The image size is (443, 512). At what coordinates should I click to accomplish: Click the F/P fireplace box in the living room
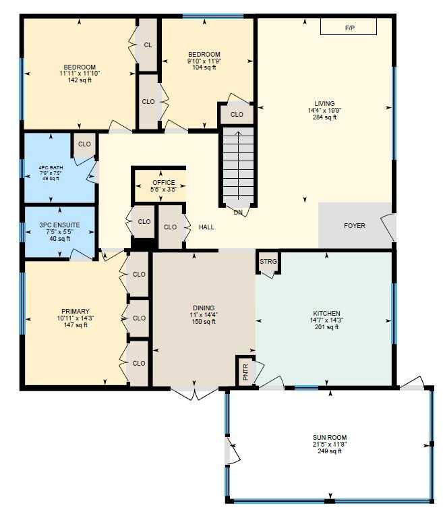click(x=349, y=28)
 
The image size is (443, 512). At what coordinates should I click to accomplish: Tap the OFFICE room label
click(x=163, y=183)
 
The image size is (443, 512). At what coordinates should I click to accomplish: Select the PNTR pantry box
click(x=245, y=370)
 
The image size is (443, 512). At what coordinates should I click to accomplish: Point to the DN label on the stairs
click(x=237, y=212)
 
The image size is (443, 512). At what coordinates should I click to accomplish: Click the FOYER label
click(x=354, y=225)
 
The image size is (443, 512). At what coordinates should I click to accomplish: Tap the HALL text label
click(x=206, y=227)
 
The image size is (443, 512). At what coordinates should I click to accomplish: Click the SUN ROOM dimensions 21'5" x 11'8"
click(x=330, y=445)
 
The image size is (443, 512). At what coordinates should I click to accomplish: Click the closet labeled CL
click(x=148, y=45)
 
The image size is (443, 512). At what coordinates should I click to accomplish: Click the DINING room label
click(x=203, y=308)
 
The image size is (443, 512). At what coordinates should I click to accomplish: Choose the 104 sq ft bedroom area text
click(x=204, y=67)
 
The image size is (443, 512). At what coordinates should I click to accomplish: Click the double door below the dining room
click(x=194, y=393)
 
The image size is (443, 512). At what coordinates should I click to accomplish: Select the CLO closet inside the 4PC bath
click(x=84, y=144)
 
